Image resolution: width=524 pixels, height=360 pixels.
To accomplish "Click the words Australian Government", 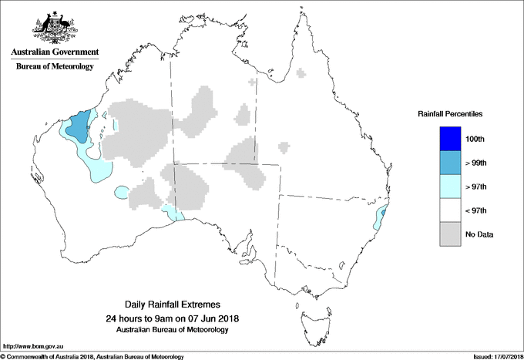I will (x=54, y=52).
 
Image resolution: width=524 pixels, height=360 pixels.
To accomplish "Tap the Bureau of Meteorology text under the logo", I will (x=54, y=66).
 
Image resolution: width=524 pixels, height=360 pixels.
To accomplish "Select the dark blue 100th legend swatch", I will (x=449, y=139).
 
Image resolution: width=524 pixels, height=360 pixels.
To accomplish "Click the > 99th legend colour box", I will (x=449, y=163).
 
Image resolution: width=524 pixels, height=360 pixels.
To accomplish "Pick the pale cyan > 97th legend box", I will (x=449, y=187).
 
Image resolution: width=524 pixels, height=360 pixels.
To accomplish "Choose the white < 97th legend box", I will (x=449, y=210).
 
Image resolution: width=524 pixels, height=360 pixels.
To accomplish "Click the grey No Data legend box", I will (x=449, y=234).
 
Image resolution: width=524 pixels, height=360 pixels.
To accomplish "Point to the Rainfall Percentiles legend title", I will (x=450, y=113).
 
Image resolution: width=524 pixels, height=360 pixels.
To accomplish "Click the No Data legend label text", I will (x=479, y=234).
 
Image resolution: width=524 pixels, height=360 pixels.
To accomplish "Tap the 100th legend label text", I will (x=475, y=139).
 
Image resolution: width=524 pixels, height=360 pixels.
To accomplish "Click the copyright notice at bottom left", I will (x=92, y=356).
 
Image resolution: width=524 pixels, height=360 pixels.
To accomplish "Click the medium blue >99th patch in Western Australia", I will (x=77, y=126).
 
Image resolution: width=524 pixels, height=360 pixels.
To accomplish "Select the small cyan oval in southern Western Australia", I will (x=121, y=190).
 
